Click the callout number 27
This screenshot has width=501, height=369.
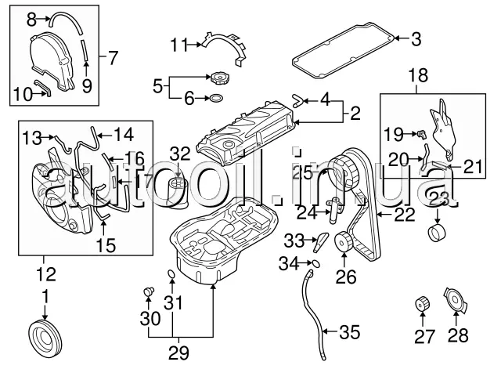click(x=423, y=338)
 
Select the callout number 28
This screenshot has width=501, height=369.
click(x=458, y=338)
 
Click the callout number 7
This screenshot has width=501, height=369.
click(x=113, y=56)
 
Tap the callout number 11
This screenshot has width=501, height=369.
click(x=179, y=44)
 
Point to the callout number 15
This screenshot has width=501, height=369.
click(x=106, y=244)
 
